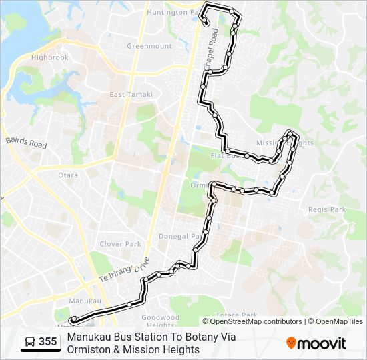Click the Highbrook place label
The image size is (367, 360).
point(49,58)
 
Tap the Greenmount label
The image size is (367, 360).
point(149,46)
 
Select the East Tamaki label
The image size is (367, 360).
point(131,95)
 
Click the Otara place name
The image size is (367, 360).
point(67,175)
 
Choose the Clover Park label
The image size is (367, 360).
point(120,244)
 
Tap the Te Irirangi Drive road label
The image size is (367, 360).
point(125,269)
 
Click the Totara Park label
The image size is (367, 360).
point(236,315)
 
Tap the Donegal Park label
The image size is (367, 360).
point(179,236)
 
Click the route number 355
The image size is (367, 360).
point(47,342)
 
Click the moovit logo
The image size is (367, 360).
point(316,343)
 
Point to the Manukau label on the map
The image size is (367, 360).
point(85,301)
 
